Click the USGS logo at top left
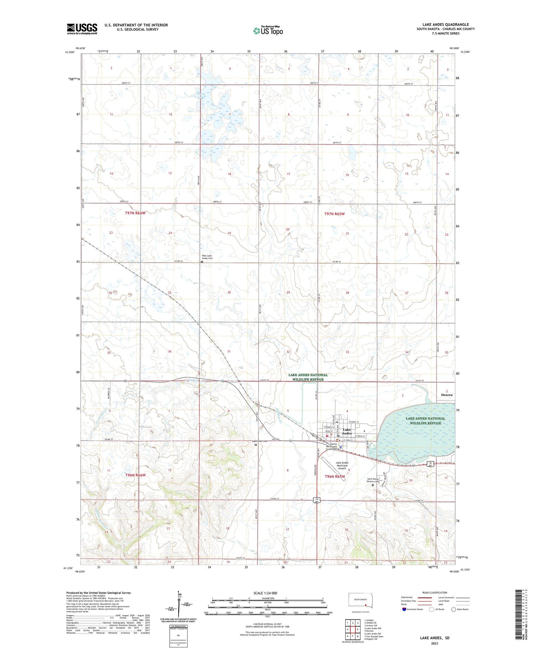pyautogui.click(x=82, y=29)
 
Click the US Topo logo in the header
pyautogui.click(x=268, y=31)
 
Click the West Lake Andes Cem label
pyautogui.click(x=207, y=257)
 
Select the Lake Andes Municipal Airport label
pyautogui.click(x=342, y=465)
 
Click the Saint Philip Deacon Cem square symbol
pyautogui.click(x=373, y=485)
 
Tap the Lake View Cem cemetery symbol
pyautogui.click(x=255, y=445)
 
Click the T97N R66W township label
pyautogui.click(x=135, y=213)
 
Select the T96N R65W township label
pyautogui.click(x=335, y=476)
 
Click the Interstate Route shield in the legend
pyautogui.click(x=404, y=609)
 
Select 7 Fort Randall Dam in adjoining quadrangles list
pyautogui.click(x=374, y=636)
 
